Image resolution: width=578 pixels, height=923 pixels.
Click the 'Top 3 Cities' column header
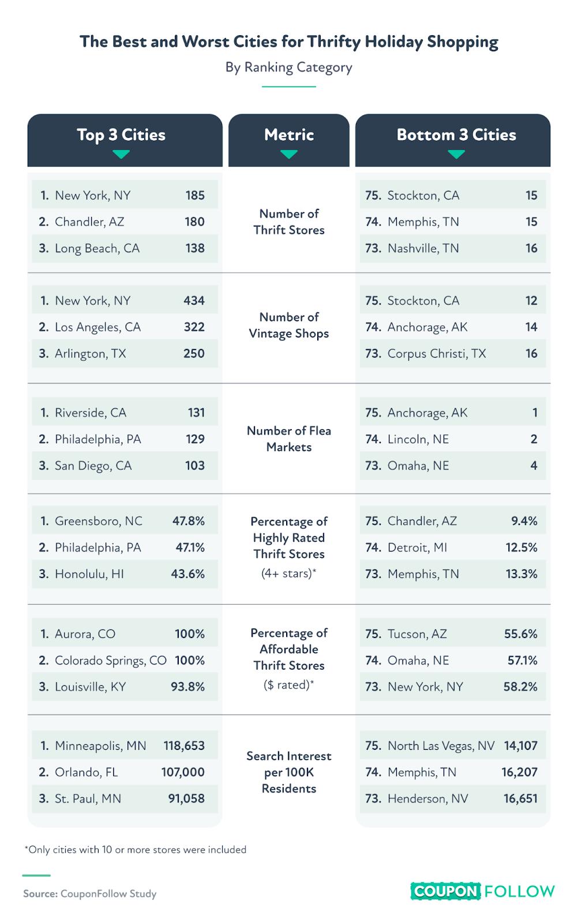point(121,135)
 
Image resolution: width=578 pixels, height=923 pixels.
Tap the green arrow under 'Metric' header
point(289,155)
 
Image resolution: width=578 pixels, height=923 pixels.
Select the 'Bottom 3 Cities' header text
point(456,135)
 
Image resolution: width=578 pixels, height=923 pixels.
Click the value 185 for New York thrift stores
point(195,196)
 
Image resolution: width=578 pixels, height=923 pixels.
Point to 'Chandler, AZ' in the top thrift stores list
point(89,222)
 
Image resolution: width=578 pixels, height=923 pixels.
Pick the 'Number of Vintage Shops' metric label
point(289,325)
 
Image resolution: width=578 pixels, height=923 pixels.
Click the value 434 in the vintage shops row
point(194,301)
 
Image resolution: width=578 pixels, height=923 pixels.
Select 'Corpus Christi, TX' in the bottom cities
point(437,354)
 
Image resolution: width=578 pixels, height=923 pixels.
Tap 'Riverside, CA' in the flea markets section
point(91,413)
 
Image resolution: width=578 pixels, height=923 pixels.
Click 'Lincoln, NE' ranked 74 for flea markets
point(418,440)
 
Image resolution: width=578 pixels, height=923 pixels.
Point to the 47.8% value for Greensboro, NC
point(189,521)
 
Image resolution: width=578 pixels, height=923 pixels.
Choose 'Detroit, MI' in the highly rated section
point(417,547)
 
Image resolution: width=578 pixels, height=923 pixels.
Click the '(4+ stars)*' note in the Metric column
point(289,573)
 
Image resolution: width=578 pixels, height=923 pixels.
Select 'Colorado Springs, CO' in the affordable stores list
point(111,661)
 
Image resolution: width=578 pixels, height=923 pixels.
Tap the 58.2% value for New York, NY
point(520,687)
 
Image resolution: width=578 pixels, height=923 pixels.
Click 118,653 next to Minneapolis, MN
point(184,746)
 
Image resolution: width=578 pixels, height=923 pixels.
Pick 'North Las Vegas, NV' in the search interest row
point(441,746)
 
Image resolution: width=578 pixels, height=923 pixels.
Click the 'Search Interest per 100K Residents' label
point(289,772)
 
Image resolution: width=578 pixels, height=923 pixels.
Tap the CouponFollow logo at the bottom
point(482,891)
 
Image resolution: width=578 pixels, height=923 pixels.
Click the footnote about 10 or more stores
point(136,850)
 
